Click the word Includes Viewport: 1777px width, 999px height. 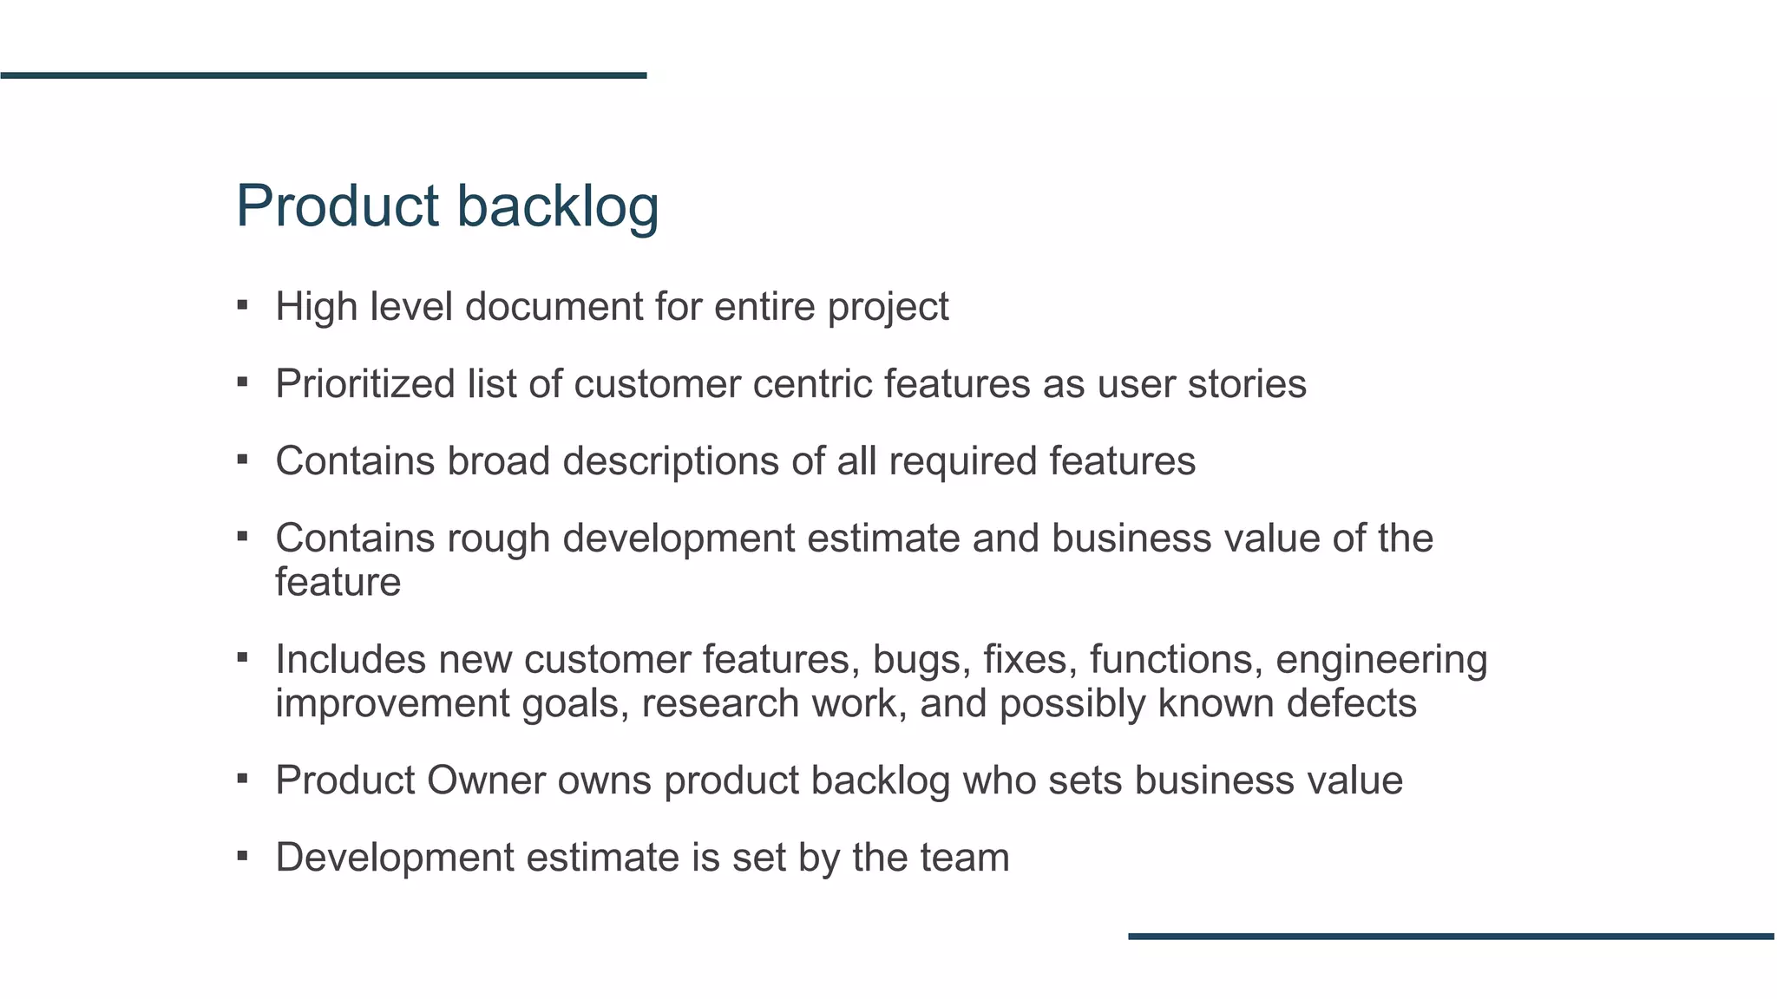click(x=351, y=659)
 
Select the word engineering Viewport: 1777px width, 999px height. click(x=1381, y=659)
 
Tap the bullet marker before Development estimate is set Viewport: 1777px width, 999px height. click(x=242, y=857)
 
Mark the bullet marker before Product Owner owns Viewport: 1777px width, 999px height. click(x=242, y=779)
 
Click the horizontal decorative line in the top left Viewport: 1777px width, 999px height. click(x=323, y=75)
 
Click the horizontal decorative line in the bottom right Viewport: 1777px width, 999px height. click(x=1452, y=937)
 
